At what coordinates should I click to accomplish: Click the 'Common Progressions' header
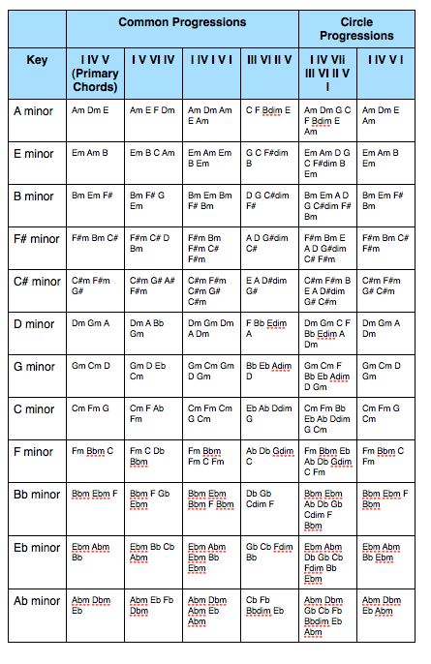point(182,21)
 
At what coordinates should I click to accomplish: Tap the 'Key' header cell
point(38,59)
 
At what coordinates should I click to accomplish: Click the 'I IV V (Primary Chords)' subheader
point(95,73)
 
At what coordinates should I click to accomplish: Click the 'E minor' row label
point(38,153)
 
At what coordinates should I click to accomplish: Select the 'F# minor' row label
point(38,238)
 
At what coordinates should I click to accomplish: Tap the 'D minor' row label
point(38,323)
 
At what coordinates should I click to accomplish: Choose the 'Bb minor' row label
point(38,494)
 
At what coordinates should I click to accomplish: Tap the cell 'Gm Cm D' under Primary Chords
point(91,366)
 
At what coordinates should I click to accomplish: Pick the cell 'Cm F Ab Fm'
point(153,413)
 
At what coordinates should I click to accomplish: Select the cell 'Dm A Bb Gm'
point(153,328)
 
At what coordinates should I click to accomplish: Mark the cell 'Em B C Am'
point(153,153)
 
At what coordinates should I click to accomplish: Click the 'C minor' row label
point(38,408)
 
